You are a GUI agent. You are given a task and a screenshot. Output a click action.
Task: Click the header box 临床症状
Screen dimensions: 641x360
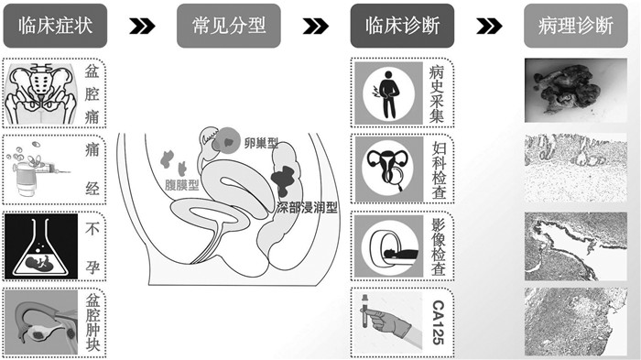55,26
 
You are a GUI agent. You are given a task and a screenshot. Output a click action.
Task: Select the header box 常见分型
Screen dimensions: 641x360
229,26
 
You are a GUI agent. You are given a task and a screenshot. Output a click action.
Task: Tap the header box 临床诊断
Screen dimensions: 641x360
402,26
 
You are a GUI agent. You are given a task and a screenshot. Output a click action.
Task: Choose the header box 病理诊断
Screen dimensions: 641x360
576,26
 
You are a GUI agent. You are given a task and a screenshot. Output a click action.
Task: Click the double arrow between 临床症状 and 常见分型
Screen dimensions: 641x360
142,27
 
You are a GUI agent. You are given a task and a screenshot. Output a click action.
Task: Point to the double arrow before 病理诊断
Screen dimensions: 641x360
489,27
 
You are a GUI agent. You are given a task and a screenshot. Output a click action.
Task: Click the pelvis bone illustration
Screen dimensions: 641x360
41,93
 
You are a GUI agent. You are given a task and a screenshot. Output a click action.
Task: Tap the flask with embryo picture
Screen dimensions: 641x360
41,246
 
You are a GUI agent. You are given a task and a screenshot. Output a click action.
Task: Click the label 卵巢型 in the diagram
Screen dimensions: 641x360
261,144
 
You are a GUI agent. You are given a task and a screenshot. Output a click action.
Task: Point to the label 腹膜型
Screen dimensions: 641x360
182,185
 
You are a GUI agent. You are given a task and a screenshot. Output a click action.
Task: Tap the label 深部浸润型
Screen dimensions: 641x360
307,208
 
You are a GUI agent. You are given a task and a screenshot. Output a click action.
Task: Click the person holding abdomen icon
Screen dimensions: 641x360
389,93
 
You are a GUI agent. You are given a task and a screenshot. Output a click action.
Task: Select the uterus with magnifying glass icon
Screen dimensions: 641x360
389,169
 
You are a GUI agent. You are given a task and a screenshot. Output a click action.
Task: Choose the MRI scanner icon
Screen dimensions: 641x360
389,246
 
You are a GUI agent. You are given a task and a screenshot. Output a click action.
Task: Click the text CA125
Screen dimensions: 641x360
439,322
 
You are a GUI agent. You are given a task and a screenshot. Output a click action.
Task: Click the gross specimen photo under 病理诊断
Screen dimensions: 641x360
576,91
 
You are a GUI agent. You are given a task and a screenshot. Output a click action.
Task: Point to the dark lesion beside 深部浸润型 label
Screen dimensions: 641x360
282,179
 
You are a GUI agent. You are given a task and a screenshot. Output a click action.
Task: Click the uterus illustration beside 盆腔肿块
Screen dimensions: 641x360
41,322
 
